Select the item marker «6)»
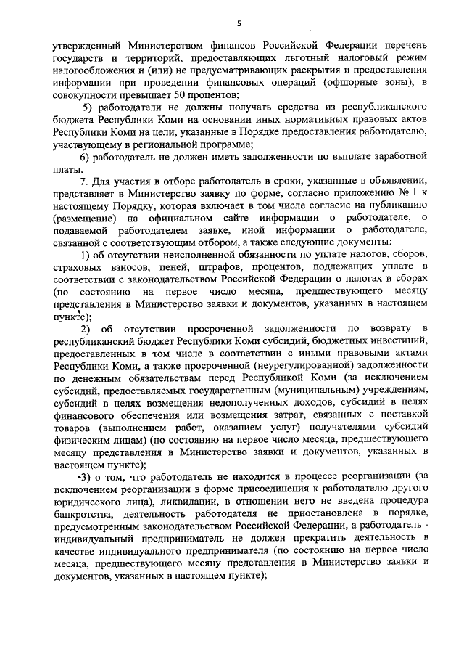pyautogui.click(x=85, y=158)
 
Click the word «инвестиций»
pyautogui.click(x=386, y=339)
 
